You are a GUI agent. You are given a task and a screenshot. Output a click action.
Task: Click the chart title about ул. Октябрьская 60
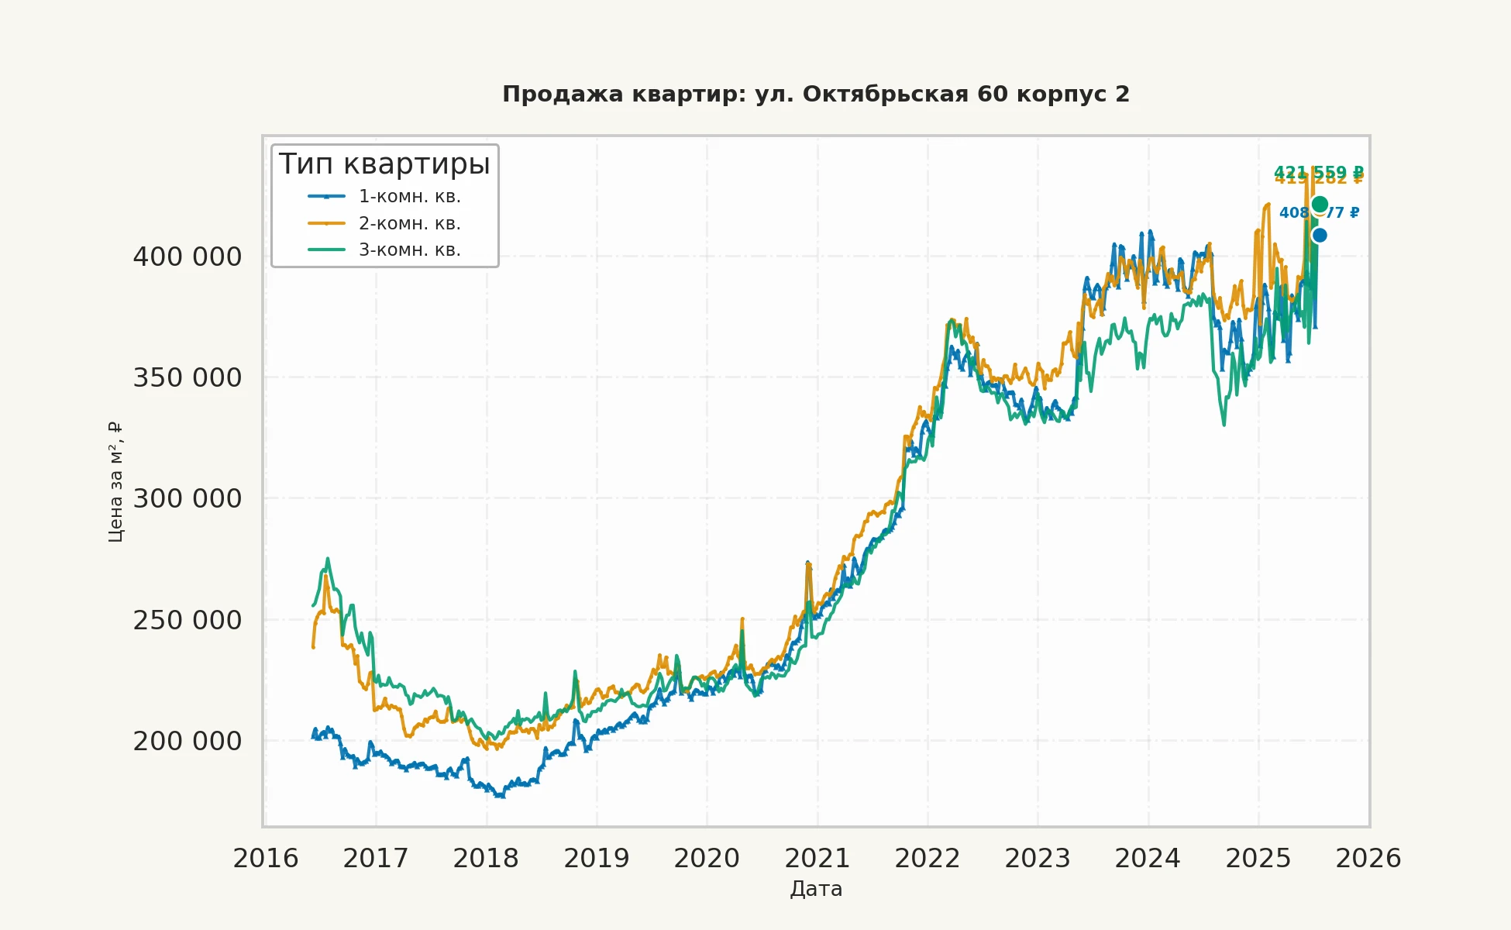(816, 95)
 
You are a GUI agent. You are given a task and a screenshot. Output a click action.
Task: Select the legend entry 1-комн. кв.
(409, 197)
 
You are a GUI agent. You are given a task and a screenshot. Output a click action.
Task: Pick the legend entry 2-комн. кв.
(409, 224)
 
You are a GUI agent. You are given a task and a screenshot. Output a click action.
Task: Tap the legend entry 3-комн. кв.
(409, 250)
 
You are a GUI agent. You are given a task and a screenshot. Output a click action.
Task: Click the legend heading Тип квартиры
(384, 164)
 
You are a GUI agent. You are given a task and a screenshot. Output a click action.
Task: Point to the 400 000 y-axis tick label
(188, 257)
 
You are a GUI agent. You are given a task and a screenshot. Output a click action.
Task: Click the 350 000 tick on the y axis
(188, 378)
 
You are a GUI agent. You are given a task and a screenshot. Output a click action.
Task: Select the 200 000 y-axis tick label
(188, 742)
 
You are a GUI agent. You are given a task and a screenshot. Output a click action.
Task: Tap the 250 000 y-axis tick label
(188, 621)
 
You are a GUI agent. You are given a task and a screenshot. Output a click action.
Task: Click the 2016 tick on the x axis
(266, 859)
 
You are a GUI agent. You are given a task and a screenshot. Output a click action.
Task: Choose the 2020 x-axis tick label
(707, 859)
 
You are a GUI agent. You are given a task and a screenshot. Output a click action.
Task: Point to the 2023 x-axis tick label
(1038, 859)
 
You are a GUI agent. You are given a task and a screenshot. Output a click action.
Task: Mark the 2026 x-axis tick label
(1368, 859)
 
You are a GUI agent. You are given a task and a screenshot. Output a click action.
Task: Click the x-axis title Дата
(816, 889)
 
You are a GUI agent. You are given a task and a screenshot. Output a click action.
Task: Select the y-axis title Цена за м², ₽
(115, 481)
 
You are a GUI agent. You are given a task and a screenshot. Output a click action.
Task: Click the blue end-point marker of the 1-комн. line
(1320, 235)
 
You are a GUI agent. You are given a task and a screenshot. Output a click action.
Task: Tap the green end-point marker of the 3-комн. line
(1320, 204)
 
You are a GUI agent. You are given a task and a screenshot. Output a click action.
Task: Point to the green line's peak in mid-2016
(328, 559)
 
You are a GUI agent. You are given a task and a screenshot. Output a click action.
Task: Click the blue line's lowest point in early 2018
(500, 795)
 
